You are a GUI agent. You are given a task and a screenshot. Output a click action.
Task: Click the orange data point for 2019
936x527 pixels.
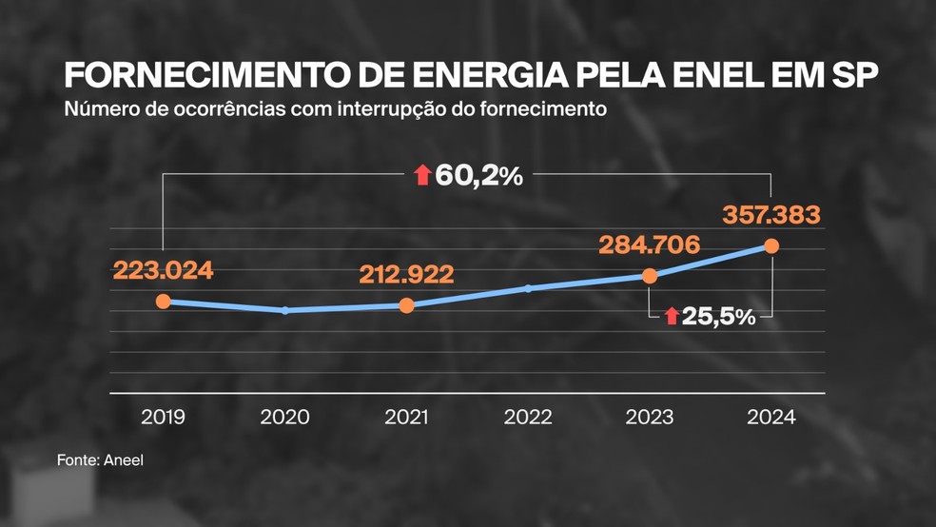click(x=163, y=302)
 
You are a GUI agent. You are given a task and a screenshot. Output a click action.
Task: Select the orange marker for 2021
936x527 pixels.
click(x=407, y=305)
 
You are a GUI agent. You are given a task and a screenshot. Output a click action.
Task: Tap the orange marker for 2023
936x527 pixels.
click(x=650, y=276)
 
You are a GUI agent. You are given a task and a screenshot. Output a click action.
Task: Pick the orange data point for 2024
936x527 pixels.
click(x=771, y=246)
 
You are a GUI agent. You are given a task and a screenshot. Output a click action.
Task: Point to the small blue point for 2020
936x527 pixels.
click(x=285, y=310)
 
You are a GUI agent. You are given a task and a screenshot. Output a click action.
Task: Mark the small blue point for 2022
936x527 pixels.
click(x=528, y=288)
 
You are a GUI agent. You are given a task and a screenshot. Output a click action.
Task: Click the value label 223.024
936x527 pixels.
click(x=163, y=270)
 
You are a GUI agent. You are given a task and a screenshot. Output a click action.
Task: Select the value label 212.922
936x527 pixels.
click(x=407, y=275)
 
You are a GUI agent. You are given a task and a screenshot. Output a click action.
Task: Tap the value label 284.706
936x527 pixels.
click(x=650, y=244)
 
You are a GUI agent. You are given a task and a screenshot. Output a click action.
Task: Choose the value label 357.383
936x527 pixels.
click(x=771, y=215)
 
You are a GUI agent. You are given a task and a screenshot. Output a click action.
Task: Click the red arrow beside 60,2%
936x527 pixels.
click(x=422, y=175)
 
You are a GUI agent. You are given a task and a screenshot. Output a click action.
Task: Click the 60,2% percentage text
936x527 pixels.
click(x=478, y=175)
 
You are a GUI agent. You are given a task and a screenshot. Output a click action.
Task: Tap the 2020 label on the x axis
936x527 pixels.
click(x=285, y=417)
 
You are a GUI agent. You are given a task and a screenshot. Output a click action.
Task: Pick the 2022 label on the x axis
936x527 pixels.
click(x=528, y=417)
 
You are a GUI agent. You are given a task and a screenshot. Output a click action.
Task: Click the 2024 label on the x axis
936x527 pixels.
click(x=771, y=417)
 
